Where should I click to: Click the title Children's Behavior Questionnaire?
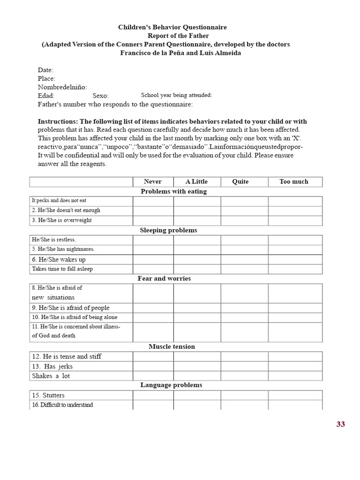point(172,28)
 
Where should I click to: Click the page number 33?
point(340,424)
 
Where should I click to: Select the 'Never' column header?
point(153,181)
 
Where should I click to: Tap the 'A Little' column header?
point(196,181)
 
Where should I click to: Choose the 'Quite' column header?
point(240,181)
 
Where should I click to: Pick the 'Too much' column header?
point(294,181)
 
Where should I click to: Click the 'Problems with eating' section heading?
point(173,191)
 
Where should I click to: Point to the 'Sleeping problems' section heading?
point(168,230)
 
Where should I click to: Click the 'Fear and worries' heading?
point(164,278)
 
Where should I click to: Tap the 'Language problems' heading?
point(171,385)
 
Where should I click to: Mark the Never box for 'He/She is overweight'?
point(153,220)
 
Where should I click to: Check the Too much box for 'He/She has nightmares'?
point(295,249)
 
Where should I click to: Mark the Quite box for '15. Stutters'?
point(244,395)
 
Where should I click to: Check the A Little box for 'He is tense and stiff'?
point(197,356)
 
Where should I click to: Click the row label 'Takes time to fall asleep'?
point(62,269)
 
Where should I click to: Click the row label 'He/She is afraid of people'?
point(70,308)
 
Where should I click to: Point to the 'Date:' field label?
point(45,70)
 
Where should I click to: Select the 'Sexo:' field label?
point(100,96)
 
